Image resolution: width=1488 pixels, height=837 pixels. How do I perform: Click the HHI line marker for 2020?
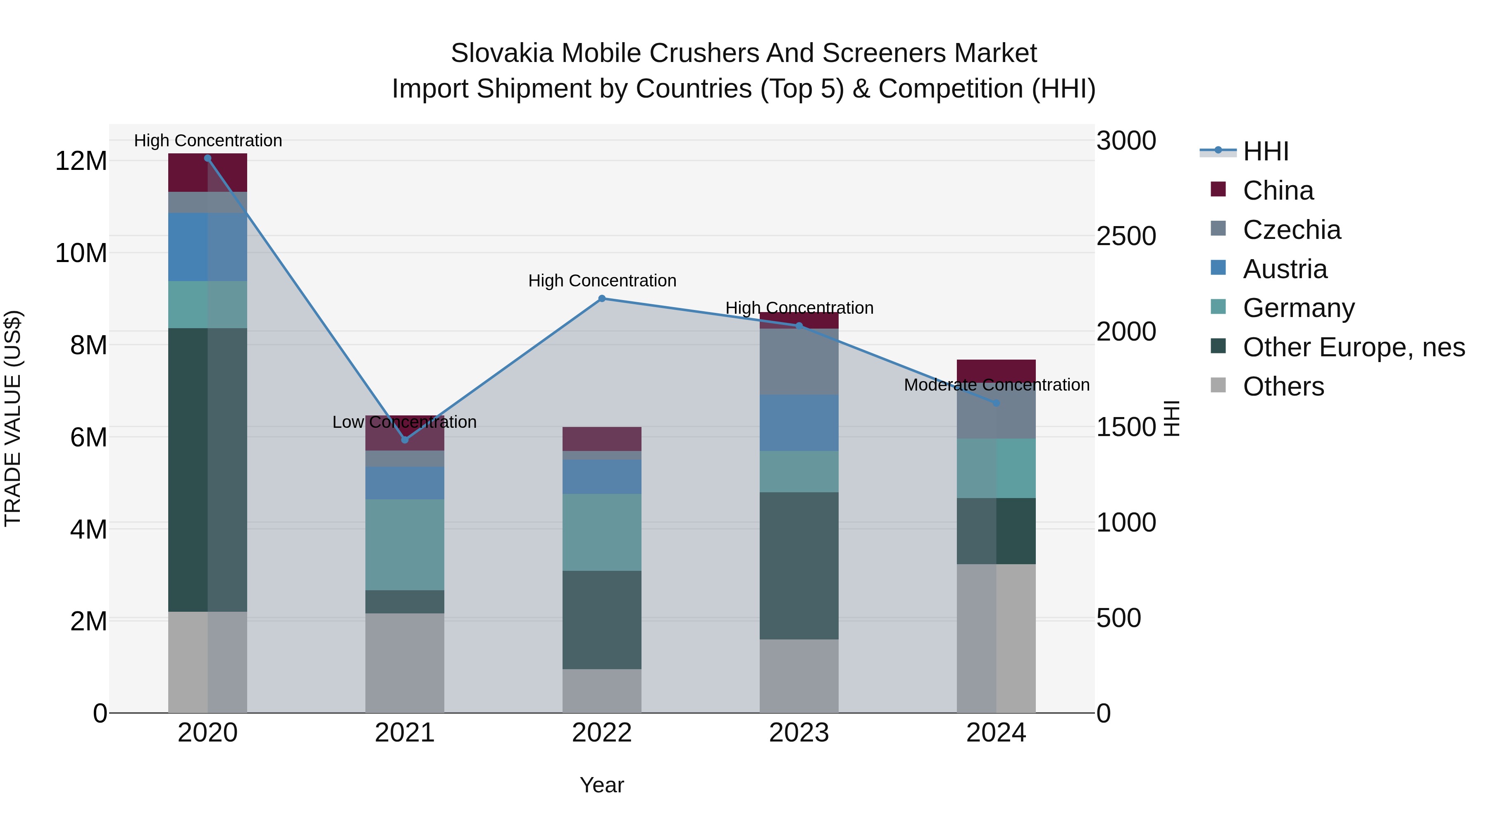point(207,158)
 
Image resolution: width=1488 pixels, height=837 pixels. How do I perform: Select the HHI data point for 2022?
point(602,299)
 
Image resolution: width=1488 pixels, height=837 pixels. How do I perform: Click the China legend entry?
point(1278,191)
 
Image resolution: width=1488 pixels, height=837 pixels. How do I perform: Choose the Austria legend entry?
point(1285,269)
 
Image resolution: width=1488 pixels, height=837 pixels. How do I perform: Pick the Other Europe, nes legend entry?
point(1353,348)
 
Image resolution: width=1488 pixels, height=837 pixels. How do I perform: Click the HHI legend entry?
point(1265,151)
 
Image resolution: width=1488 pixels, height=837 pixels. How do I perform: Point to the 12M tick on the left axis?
point(81,161)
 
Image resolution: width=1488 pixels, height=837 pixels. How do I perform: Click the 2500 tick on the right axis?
point(1126,236)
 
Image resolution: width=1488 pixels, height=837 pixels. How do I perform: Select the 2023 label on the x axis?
point(799,733)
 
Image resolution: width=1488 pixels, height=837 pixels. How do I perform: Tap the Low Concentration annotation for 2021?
point(404,422)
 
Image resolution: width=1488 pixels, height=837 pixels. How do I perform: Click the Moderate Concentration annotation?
point(997,385)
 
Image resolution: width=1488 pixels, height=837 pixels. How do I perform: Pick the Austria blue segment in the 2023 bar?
point(799,422)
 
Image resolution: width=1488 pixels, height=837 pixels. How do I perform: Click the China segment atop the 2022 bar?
point(602,439)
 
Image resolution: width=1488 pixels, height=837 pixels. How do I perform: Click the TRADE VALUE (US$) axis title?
point(13,418)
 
